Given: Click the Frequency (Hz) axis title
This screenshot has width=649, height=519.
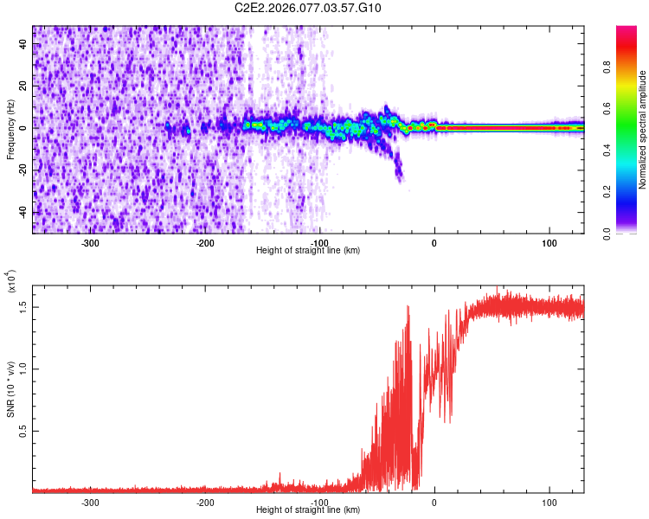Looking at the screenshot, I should [10, 129].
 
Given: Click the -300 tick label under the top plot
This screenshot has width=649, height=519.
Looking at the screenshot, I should [91, 243].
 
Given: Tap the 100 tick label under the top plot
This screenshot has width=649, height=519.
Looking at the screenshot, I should [549, 243].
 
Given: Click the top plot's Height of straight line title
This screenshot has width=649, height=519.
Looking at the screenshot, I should [308, 251].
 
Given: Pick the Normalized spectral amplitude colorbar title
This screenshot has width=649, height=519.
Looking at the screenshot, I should [642, 130].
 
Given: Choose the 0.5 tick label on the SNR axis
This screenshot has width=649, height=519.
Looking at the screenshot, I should [22, 431].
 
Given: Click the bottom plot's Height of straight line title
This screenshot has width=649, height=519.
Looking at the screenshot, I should [308, 510].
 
